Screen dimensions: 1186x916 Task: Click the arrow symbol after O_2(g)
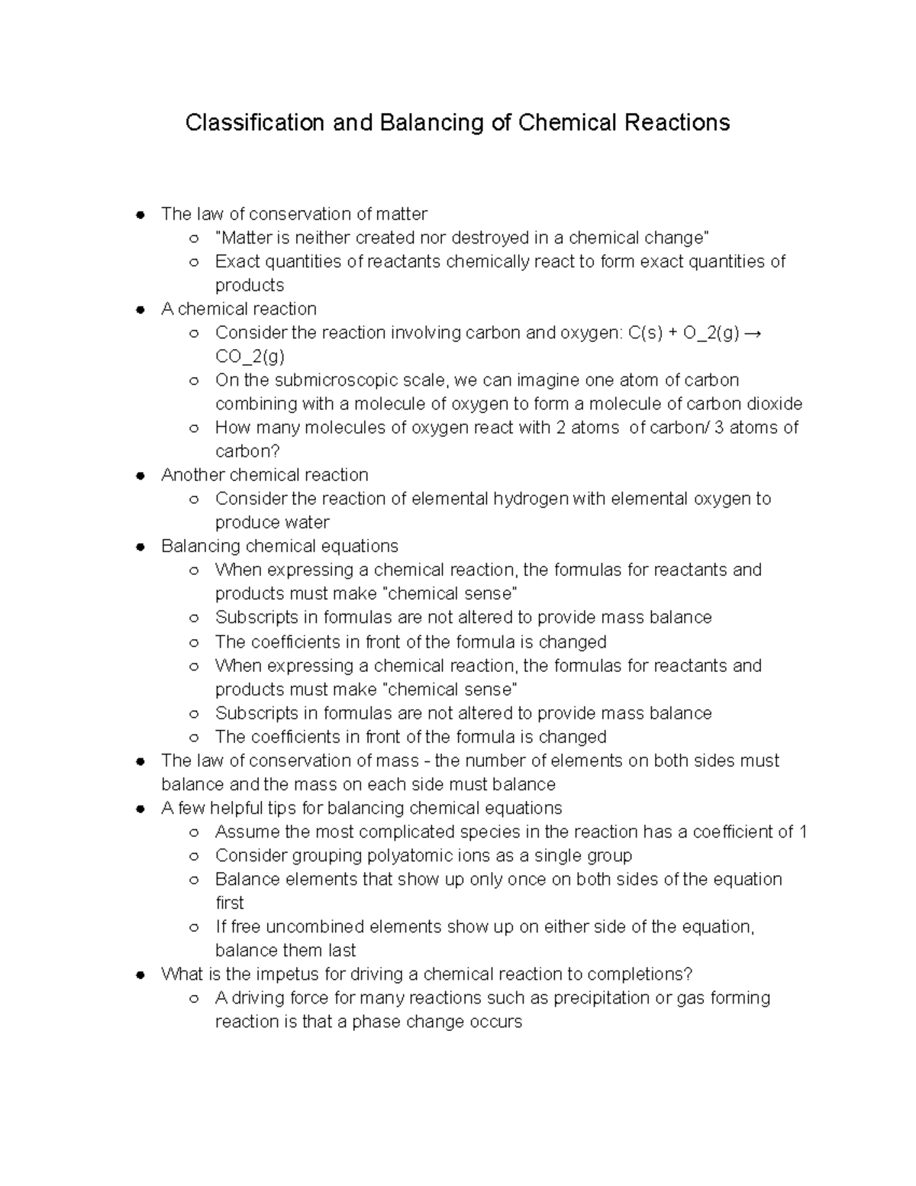point(752,333)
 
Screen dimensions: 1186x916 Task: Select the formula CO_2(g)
point(250,357)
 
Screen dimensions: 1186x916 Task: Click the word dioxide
point(774,404)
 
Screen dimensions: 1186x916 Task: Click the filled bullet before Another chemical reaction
point(140,475)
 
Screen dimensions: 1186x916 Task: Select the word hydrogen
point(531,499)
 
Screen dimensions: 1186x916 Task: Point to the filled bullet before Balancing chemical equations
point(140,546)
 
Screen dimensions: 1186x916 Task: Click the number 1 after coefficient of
point(803,832)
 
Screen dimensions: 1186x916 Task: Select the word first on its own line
point(229,903)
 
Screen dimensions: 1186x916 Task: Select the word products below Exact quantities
point(249,286)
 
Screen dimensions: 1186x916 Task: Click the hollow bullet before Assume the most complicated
point(194,832)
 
